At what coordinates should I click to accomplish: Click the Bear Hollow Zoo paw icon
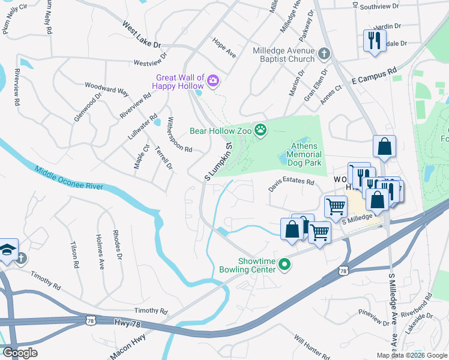261,130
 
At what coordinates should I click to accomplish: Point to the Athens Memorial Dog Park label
307,154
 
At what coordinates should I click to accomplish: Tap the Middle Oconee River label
69,179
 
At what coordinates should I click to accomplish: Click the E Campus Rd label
375,74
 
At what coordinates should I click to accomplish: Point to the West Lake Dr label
142,35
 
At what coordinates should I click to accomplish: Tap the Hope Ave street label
224,47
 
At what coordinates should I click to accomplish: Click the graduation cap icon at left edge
7,250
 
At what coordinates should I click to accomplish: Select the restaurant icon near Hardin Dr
375,41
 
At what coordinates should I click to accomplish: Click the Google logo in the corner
19,352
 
